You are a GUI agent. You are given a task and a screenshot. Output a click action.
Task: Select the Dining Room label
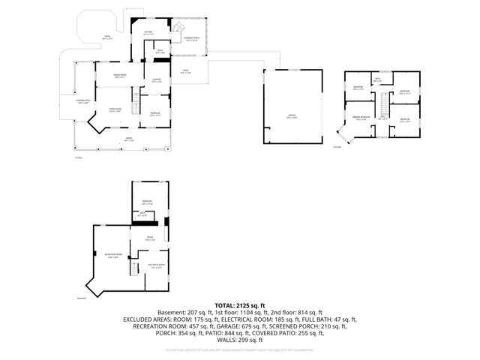click(x=119, y=76)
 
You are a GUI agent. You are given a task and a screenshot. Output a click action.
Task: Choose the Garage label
click(x=292, y=116)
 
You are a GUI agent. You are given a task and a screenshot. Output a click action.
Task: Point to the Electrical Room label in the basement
click(x=156, y=266)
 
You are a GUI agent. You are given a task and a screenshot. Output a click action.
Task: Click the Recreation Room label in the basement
click(x=113, y=256)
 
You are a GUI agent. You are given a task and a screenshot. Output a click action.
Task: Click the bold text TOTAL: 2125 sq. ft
click(x=240, y=305)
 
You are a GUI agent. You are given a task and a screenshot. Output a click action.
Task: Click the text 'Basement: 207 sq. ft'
click(x=184, y=313)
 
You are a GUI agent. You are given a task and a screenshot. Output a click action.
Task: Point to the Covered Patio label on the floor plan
click(x=82, y=101)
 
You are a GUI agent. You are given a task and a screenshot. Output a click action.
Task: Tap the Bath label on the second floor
click(x=377, y=80)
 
